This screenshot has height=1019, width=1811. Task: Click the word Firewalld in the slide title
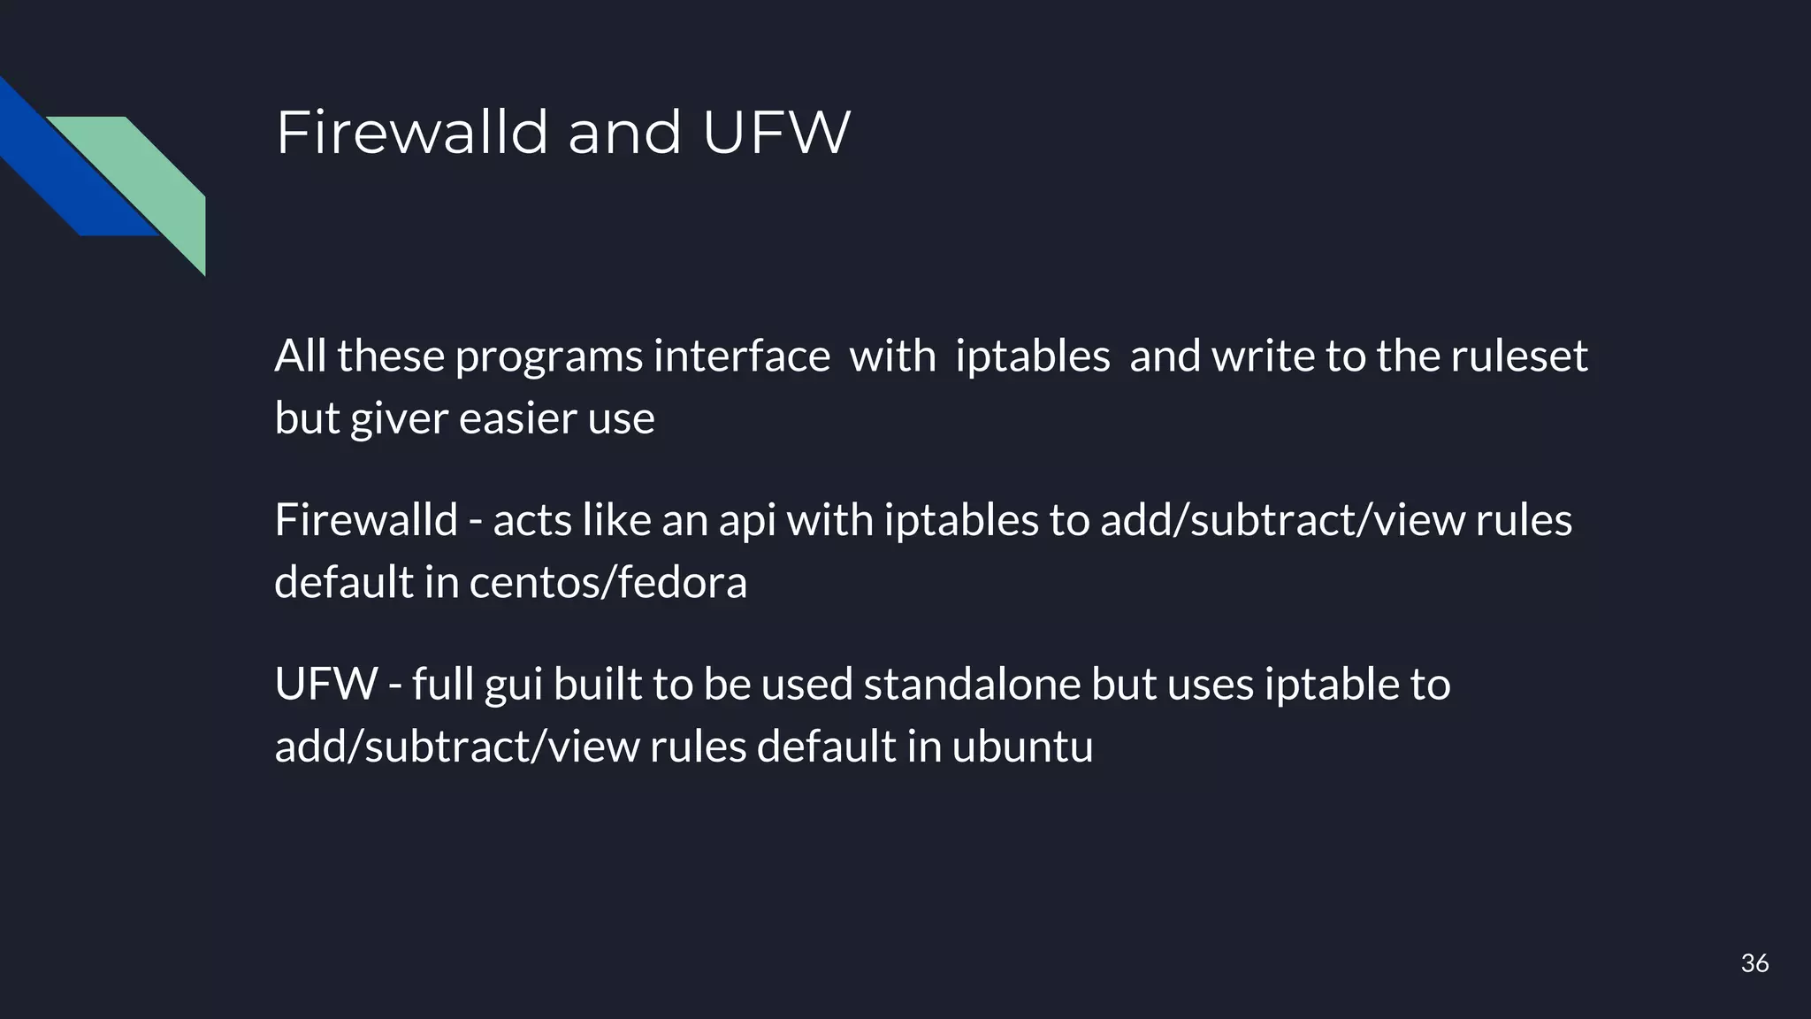pyautogui.click(x=412, y=133)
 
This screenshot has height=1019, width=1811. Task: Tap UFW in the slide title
pyautogui.click(x=776, y=133)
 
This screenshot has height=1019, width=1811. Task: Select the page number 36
pyautogui.click(x=1754, y=963)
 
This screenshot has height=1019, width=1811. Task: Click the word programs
pyautogui.click(x=548, y=357)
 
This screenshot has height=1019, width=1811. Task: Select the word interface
pyautogui.click(x=742, y=356)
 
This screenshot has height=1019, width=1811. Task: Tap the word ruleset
pyautogui.click(x=1518, y=356)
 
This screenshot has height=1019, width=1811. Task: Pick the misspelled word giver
pyautogui.click(x=399, y=419)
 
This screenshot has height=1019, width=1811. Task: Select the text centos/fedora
pyautogui.click(x=607, y=583)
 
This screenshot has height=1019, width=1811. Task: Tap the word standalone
pyautogui.click(x=972, y=685)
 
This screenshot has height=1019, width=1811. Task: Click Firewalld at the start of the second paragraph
pyautogui.click(x=365, y=520)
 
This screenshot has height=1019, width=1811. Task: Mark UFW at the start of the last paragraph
pyautogui.click(x=326, y=685)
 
